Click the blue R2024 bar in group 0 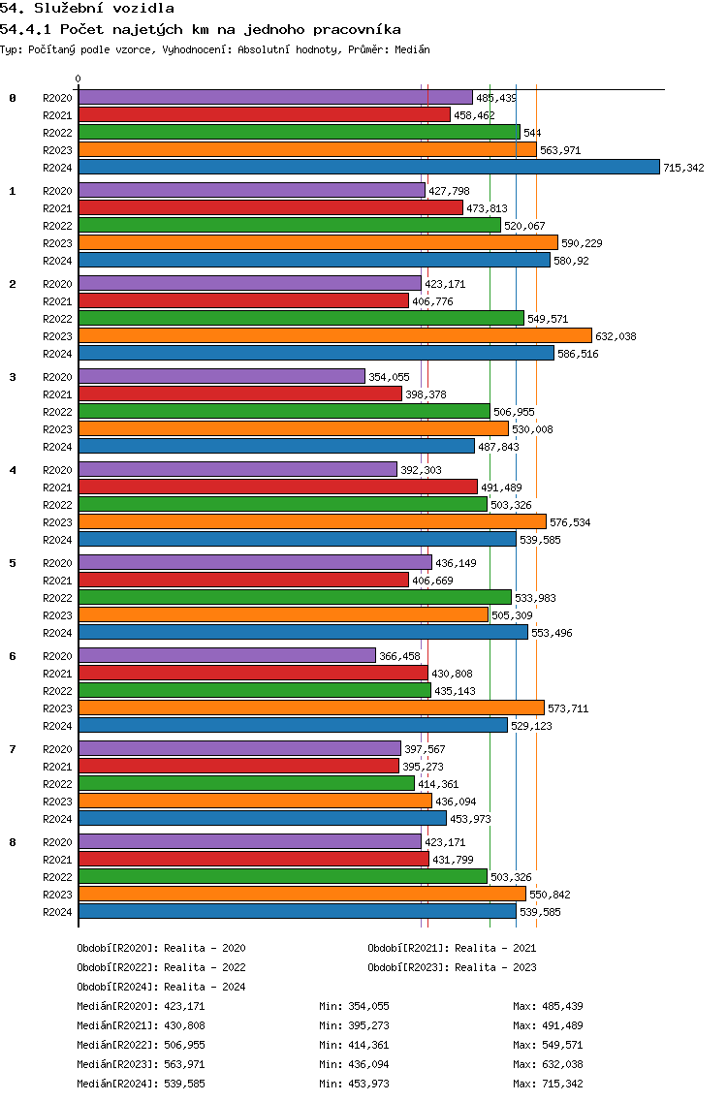368,167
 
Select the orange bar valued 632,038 334,335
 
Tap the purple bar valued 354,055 221,376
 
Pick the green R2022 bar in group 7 246,783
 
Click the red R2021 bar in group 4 277,487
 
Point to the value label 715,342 683,168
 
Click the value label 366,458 399,656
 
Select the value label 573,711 569,708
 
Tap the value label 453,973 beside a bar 470,819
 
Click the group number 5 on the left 13,563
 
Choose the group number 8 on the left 13,842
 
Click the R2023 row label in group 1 57,243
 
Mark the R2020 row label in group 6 57,656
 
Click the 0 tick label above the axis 79,79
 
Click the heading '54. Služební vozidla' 87,9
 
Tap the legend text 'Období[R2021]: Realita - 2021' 452,948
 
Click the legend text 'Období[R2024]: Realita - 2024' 161,987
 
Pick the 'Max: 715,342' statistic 548,1084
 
